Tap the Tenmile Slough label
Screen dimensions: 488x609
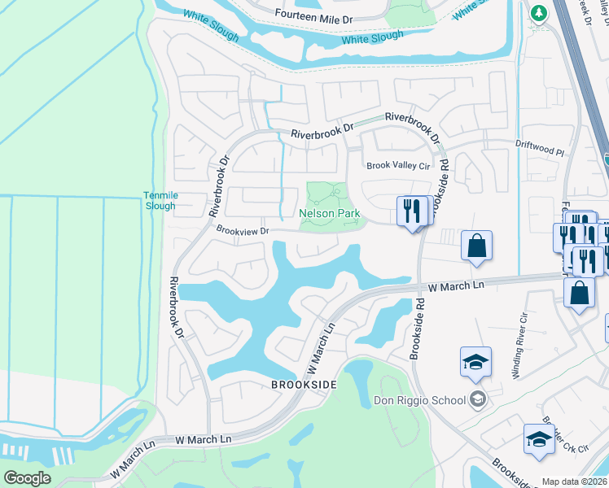pos(160,200)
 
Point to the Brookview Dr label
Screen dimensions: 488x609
pos(242,230)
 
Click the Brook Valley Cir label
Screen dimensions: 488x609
pos(397,165)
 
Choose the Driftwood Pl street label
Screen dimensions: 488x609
pos(540,151)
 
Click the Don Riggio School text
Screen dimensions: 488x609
pos(419,400)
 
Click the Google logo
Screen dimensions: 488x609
pos(28,478)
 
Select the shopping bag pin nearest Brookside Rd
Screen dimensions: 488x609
pos(476,245)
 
